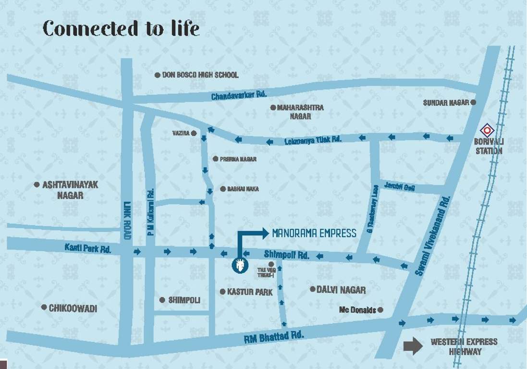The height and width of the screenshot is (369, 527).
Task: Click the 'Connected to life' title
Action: [121, 28]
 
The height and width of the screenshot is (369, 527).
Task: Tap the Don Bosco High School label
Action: [200, 75]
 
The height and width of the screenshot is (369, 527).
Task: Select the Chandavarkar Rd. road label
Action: [239, 95]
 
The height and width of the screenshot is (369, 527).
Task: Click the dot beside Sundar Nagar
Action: [473, 102]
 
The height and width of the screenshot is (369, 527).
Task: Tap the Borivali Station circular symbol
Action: [487, 130]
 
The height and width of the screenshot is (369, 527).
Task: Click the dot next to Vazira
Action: [194, 133]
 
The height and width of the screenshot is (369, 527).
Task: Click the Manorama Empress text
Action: [314, 234]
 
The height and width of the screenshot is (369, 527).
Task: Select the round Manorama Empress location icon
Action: [239, 265]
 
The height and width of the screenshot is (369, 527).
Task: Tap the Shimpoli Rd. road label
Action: [286, 255]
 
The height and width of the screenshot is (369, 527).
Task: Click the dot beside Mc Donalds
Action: [380, 310]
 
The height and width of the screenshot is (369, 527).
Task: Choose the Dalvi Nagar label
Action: [341, 290]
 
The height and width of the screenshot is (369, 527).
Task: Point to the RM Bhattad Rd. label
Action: [274, 336]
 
